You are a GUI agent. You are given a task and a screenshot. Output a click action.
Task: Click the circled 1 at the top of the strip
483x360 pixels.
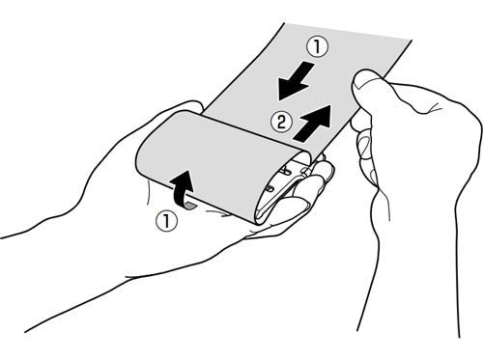tap(317, 47)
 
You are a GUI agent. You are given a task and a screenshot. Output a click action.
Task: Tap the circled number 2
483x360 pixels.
tap(281, 123)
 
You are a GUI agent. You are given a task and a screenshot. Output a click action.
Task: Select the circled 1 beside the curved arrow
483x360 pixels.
tap(166, 221)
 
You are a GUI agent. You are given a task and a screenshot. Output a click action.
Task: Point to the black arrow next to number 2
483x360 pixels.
tap(312, 123)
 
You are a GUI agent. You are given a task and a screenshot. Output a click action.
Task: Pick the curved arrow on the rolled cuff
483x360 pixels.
tap(182, 188)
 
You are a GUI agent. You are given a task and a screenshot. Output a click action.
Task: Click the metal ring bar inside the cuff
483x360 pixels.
tap(283, 193)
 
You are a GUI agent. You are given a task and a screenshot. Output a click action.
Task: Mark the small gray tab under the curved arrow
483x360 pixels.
tap(190, 206)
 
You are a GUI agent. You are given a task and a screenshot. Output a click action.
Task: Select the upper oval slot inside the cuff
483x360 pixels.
tap(285, 169)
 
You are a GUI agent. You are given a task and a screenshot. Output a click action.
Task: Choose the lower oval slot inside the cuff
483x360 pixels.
tap(270, 186)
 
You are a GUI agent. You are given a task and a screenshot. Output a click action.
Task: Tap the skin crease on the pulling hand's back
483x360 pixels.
tap(431, 109)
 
